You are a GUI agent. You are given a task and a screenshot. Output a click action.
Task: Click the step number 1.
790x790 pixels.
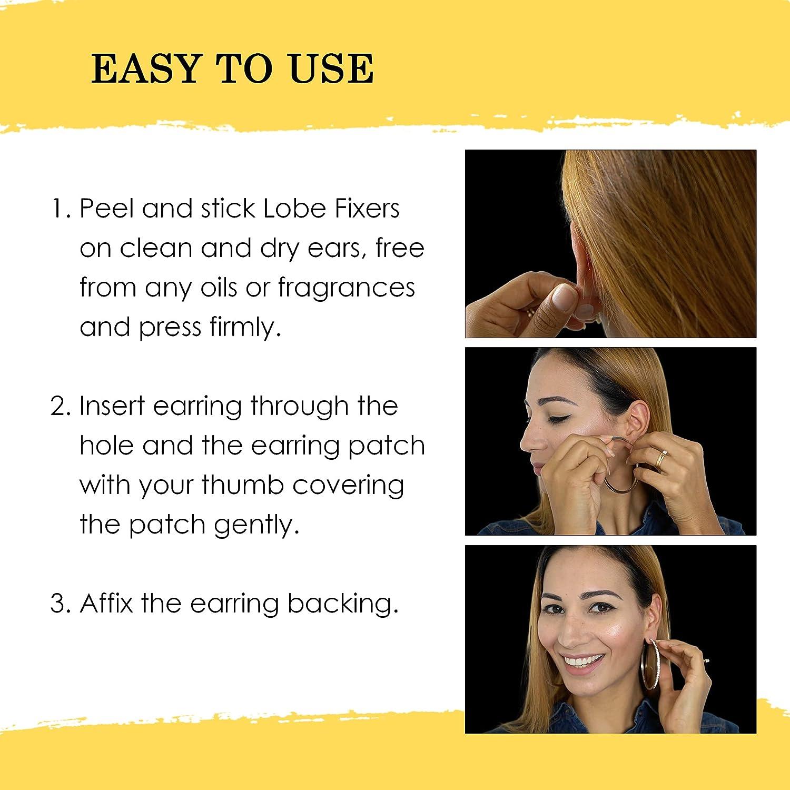pyautogui.click(x=59, y=209)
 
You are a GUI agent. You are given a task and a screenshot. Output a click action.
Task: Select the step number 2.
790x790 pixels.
pyautogui.click(x=60, y=407)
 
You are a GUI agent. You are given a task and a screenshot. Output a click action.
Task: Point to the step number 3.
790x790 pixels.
pyautogui.click(x=60, y=604)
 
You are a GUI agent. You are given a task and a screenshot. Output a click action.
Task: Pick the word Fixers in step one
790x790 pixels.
pyautogui.click(x=367, y=209)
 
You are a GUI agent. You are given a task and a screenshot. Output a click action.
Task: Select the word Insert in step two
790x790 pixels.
pyautogui.click(x=112, y=407)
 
